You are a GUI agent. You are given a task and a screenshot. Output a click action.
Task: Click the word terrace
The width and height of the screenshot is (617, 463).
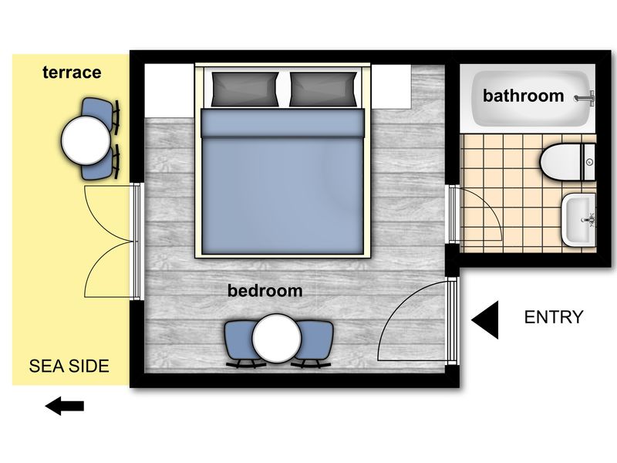point(72,73)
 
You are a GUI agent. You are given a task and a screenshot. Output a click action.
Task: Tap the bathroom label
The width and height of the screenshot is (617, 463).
point(524,96)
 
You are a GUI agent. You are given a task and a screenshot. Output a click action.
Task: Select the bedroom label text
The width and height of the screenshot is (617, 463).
point(265,291)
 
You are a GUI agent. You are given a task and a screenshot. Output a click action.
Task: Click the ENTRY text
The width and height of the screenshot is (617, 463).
point(554,317)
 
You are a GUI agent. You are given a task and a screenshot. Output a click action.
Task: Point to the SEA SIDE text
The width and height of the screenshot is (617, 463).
point(69,366)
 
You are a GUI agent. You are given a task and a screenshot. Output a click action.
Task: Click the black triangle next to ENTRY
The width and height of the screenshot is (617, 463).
point(485,319)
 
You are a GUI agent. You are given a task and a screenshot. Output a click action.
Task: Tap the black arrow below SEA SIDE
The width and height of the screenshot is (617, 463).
point(65,406)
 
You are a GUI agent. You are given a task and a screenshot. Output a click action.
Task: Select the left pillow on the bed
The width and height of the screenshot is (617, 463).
point(245,89)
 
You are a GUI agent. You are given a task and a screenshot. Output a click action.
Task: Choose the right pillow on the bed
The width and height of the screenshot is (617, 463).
point(323,89)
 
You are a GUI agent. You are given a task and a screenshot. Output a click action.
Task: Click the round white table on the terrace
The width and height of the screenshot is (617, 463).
point(86,140)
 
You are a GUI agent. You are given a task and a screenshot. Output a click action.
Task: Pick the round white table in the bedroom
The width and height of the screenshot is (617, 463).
point(277,338)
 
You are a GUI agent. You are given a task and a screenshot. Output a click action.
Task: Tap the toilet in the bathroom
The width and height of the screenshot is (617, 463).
point(568,162)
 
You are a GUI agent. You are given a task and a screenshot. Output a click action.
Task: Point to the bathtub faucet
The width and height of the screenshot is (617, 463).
point(585,97)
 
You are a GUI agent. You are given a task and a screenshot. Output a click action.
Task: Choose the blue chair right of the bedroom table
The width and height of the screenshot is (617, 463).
point(315,343)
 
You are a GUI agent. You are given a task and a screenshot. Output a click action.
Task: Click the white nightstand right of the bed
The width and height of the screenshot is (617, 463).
point(392,86)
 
